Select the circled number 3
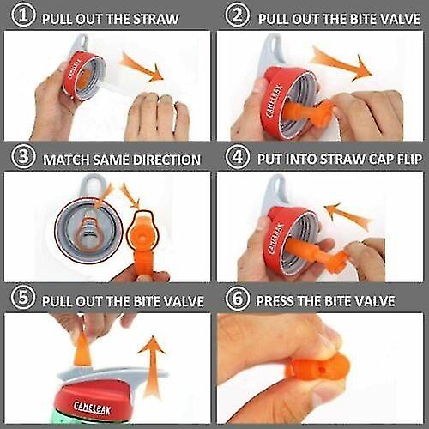coord(18,159)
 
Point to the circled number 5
coord(18,300)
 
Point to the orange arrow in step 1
coord(141,66)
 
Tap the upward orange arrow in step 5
coord(152,353)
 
